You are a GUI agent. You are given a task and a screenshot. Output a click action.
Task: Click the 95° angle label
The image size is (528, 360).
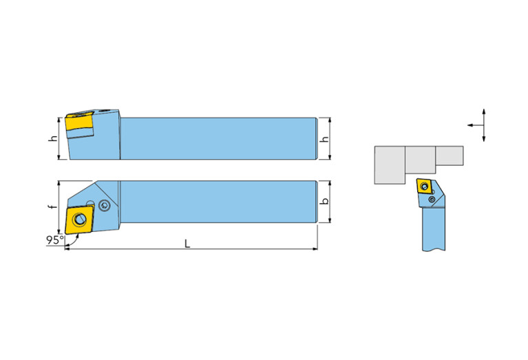[x=54, y=240]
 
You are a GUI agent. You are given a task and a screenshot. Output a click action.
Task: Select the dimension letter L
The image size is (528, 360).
[x=187, y=244]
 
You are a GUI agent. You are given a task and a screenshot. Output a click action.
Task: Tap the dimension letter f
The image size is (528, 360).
[x=53, y=206]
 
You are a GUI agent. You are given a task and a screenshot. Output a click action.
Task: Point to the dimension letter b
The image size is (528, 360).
[x=325, y=201]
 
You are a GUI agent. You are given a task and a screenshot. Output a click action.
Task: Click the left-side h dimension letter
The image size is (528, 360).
[x=53, y=138]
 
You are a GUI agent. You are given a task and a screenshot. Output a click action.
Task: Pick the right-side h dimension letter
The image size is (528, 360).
[x=325, y=138]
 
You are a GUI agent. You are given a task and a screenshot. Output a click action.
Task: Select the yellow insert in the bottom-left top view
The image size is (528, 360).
[x=79, y=219]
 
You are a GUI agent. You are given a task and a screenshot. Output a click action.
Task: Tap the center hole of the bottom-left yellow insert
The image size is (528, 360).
[x=79, y=219]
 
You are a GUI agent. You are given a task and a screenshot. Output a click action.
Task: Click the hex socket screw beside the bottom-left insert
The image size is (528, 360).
[x=104, y=205]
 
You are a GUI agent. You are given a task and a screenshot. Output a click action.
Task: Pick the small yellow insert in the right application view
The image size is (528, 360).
[x=424, y=186]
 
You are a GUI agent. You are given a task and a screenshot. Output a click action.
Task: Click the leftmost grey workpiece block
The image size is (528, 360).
[x=390, y=165]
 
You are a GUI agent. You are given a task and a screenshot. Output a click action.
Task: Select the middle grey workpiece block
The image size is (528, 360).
[x=420, y=160]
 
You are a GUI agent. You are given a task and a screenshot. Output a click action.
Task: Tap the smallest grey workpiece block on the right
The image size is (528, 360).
[x=450, y=156]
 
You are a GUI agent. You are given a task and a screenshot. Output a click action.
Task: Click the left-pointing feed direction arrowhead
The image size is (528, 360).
[x=470, y=125]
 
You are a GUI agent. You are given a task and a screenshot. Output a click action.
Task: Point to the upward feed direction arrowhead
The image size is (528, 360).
[x=484, y=112]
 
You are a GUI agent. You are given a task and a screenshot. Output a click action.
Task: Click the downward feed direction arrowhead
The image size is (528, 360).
[x=484, y=138]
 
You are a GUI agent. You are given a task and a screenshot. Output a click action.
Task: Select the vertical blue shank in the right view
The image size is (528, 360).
[x=434, y=229]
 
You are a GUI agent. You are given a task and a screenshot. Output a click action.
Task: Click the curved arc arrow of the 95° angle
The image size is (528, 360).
[x=74, y=241]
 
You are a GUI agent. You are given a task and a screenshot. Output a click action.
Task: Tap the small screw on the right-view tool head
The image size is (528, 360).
[x=432, y=200]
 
